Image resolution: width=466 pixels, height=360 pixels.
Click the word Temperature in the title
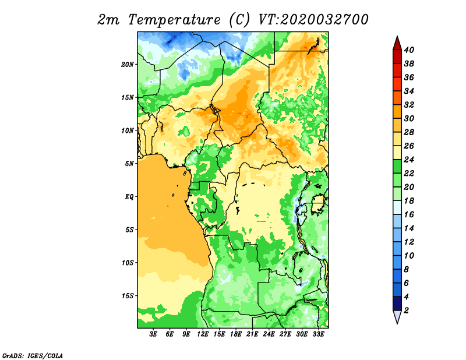click(174, 20)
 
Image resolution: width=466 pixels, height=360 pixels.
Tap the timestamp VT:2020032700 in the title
click(313, 20)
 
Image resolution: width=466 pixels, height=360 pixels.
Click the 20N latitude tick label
click(128, 65)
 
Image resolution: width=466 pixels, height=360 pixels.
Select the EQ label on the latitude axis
click(129, 197)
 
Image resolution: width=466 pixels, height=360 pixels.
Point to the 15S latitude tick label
click(128, 296)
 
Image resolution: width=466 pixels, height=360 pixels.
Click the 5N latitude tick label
click(129, 164)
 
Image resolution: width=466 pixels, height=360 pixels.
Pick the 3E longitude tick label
click(153, 334)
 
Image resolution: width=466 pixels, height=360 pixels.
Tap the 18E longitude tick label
click(236, 334)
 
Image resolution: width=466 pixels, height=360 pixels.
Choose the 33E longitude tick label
click(318, 334)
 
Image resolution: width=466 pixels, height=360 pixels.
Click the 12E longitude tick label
click(203, 334)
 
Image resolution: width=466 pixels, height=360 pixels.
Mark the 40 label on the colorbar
click(409, 50)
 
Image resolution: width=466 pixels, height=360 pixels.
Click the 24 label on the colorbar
click(409, 160)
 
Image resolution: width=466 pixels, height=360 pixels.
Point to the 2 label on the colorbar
click(406, 310)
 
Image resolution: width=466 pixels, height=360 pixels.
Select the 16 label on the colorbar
click(409, 214)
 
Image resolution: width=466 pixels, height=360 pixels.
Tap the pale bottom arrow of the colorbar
click(397, 316)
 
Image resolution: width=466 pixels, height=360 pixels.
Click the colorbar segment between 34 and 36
click(397, 84)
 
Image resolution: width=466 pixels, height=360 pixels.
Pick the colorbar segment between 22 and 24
click(397, 167)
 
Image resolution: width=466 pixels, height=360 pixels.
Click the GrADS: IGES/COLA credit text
click(33, 355)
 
